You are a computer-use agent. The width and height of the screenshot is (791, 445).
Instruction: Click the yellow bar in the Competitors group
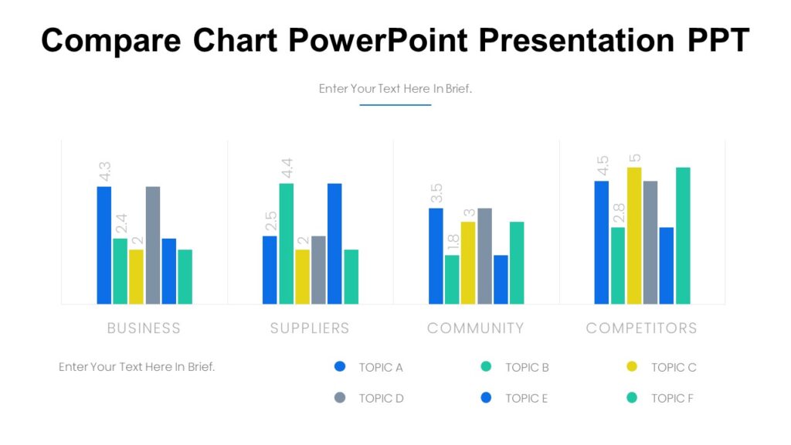[634, 236]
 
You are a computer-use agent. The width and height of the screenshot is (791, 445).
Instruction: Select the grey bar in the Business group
[153, 246]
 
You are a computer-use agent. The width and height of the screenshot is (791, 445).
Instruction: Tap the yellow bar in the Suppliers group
[302, 277]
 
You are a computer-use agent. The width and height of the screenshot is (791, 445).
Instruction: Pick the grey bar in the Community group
[484, 256]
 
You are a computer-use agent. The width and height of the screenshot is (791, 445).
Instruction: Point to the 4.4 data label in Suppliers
[287, 168]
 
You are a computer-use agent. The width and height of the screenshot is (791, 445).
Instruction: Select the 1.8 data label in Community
[453, 243]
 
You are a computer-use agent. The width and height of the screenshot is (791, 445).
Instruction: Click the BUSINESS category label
[144, 328]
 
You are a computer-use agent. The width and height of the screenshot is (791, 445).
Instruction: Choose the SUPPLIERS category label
[310, 328]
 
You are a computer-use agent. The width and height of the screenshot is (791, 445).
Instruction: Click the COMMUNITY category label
[476, 328]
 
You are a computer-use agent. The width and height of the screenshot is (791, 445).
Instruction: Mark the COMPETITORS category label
[641, 328]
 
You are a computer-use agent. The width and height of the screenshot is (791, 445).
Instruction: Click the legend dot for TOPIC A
[340, 367]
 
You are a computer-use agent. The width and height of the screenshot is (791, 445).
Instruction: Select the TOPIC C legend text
[674, 368]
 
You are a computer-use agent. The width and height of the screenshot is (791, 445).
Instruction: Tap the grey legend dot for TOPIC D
[340, 398]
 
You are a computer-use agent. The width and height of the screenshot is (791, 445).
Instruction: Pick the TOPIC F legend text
[673, 399]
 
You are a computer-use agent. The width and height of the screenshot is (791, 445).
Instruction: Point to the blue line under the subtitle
[395, 104]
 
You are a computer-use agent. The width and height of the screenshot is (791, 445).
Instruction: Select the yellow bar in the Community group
[468, 263]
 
